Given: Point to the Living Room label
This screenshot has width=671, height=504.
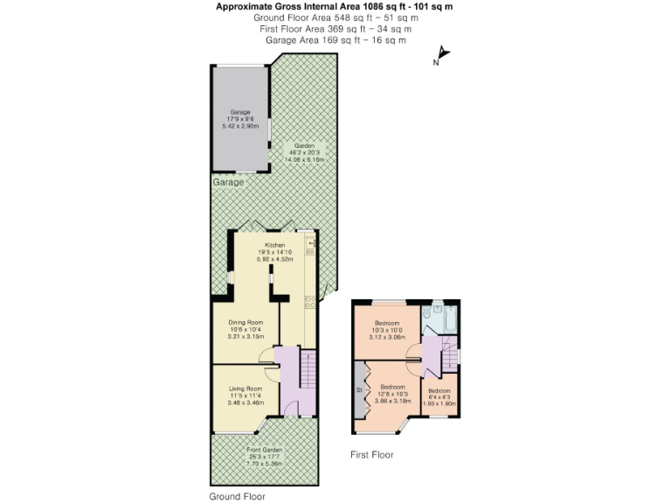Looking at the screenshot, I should [246, 395].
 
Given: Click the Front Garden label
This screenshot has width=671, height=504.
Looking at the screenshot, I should [263, 457].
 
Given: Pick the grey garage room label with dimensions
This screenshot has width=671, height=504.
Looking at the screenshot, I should [239, 119].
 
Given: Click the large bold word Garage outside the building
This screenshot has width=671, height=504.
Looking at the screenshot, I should [230, 184].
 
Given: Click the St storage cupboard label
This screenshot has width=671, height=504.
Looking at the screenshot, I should [358, 388].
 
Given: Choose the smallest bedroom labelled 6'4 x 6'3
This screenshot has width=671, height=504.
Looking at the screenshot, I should [439, 396].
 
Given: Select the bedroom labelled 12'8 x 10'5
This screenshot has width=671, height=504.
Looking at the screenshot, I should [392, 393].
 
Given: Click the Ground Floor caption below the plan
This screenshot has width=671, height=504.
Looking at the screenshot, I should [237, 496].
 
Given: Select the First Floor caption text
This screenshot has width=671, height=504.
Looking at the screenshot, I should [371, 455].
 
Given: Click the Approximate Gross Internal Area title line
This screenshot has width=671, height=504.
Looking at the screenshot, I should [335, 7].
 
